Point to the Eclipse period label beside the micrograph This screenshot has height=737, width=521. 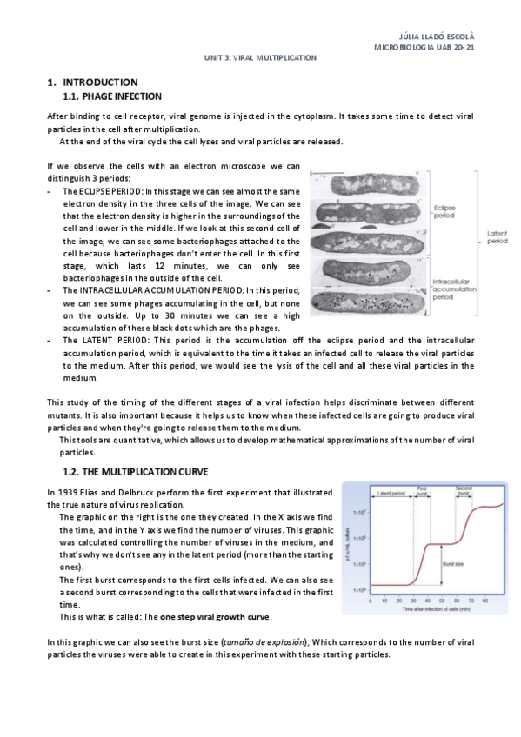[x=446, y=213]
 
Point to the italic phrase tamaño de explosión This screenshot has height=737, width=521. [x=266, y=641]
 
